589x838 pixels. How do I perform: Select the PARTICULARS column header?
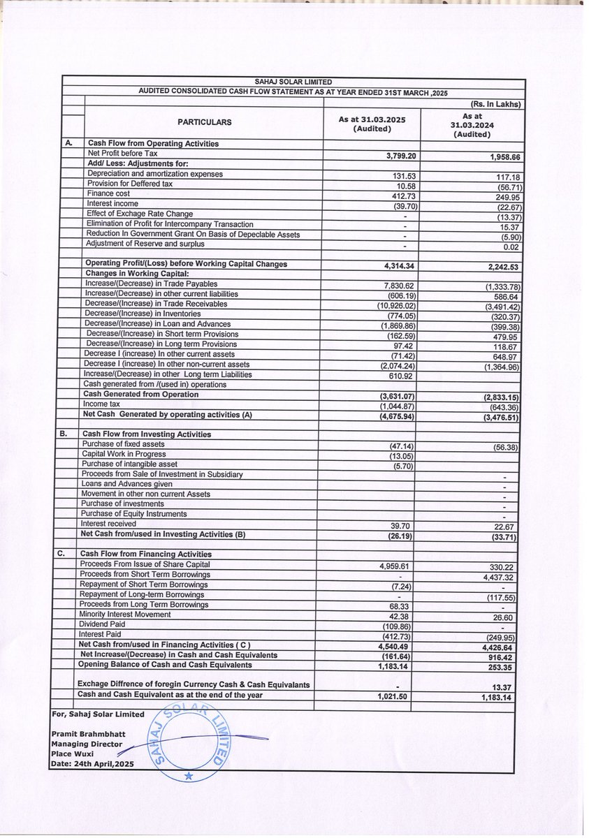203,122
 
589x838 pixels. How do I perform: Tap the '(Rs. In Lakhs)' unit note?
497,105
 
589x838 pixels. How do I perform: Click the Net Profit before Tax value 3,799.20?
378,157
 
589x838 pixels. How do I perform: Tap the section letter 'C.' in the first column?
61,554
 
